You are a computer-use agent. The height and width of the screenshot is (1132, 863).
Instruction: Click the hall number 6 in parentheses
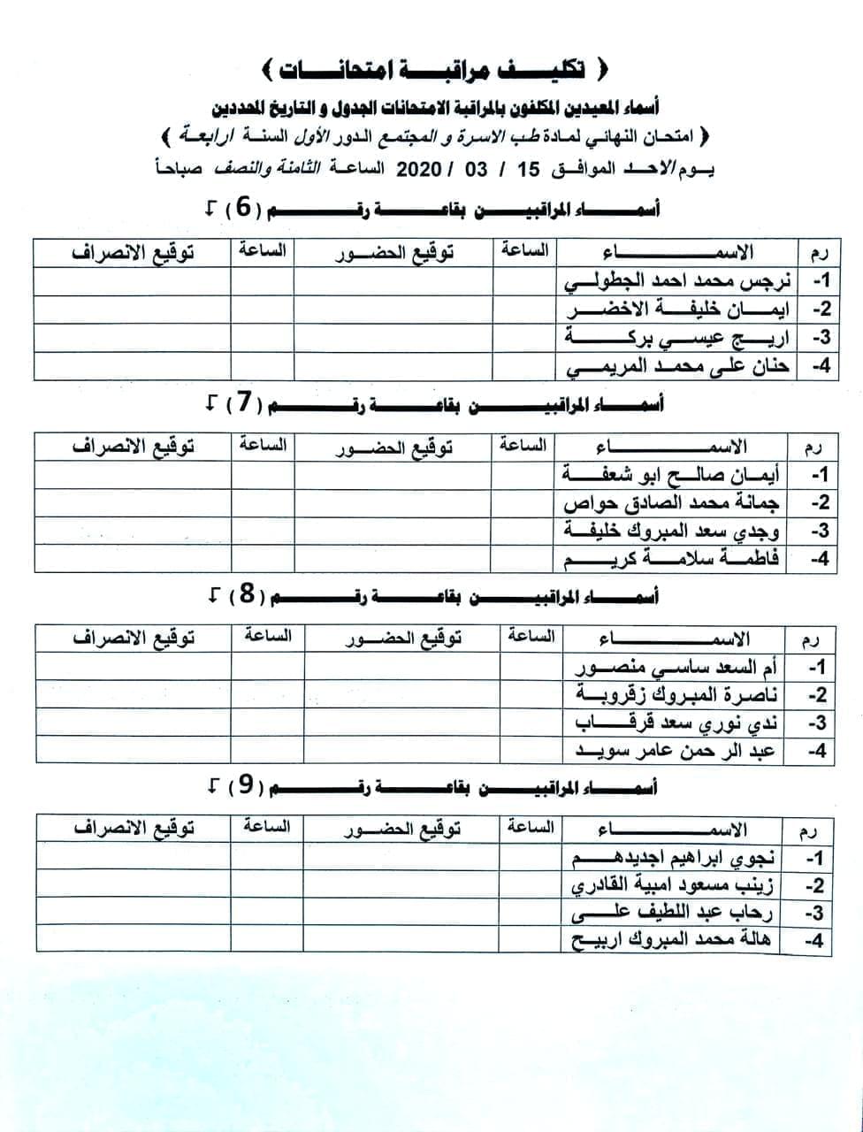pyautogui.click(x=241, y=209)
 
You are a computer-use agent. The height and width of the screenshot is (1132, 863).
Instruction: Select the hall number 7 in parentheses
pyautogui.click(x=240, y=403)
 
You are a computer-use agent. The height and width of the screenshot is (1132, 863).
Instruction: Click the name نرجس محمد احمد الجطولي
pyautogui.click(x=679, y=282)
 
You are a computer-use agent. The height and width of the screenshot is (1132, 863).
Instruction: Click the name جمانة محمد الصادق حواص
pyautogui.click(x=672, y=503)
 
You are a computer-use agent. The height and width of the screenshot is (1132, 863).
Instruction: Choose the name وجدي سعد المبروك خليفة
pyautogui.click(x=672, y=532)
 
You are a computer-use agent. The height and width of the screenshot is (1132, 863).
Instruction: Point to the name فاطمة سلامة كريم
pyautogui.click(x=672, y=560)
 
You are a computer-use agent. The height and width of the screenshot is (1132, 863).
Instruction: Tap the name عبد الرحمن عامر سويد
pyautogui.click(x=676, y=752)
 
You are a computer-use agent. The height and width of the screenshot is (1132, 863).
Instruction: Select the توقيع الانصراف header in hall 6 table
pyautogui.click(x=134, y=252)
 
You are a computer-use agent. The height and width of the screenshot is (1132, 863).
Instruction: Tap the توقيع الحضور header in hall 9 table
pyautogui.click(x=402, y=830)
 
